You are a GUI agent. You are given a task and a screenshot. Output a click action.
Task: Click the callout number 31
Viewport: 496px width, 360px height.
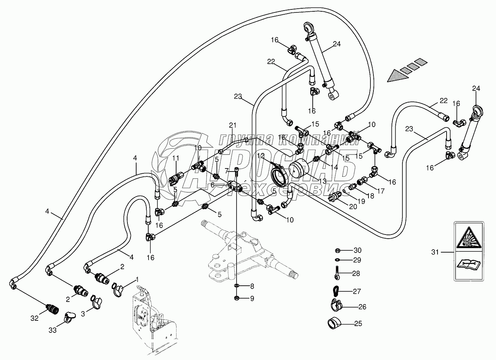click(x=435, y=252)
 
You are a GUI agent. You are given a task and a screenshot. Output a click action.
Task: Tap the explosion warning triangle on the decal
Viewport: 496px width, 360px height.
click(x=468, y=238)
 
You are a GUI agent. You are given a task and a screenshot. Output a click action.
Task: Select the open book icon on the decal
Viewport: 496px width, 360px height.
click(x=468, y=264)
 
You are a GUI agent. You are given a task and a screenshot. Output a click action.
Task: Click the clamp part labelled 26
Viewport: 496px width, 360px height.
click(x=335, y=304)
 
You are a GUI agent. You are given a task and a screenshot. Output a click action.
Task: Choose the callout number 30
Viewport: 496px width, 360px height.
click(x=357, y=251)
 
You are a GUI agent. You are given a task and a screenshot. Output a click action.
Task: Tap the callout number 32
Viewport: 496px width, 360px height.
click(x=34, y=319)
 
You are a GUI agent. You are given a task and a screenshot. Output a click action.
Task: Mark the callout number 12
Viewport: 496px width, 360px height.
click(x=261, y=155)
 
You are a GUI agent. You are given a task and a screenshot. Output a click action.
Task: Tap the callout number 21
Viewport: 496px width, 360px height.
click(x=232, y=125)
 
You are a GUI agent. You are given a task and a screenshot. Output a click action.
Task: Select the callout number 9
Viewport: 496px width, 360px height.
click(x=252, y=299)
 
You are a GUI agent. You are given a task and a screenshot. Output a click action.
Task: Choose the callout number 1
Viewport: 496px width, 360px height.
click(x=137, y=280)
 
